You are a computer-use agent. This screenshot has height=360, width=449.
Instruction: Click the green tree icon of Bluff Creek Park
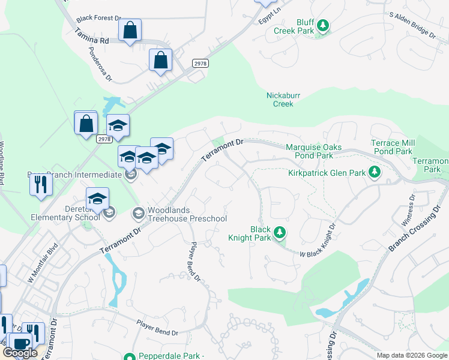click(324, 25)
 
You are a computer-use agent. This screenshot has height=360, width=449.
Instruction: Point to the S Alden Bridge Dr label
click(412, 25)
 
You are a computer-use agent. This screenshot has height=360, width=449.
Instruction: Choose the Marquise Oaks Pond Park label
click(314, 151)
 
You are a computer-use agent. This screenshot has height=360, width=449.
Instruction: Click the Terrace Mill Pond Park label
click(392, 148)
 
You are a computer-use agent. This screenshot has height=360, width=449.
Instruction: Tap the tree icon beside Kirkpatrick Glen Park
click(375, 173)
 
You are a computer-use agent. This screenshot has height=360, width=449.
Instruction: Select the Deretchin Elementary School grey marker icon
click(109, 212)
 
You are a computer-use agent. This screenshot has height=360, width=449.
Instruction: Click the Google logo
click(20, 353)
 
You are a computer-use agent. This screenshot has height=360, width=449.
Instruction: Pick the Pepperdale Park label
click(171, 356)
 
